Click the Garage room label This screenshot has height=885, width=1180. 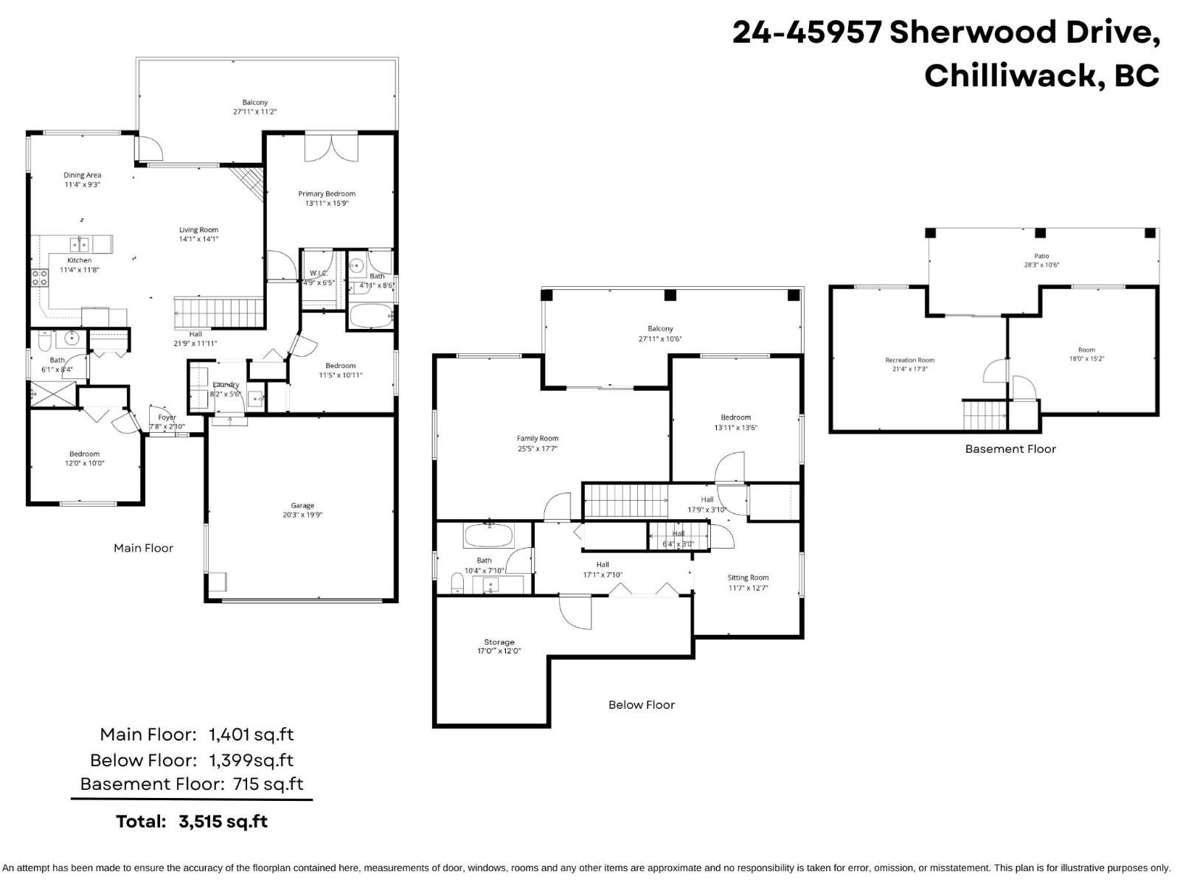pyautogui.click(x=302, y=505)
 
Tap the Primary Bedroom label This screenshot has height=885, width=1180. pyautogui.click(x=327, y=194)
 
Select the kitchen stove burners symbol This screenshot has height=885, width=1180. pyautogui.click(x=40, y=277)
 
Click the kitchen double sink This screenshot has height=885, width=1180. pyautogui.click(x=80, y=244)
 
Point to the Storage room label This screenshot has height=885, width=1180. pyautogui.click(x=499, y=642)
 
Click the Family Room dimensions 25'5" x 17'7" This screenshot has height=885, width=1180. pyautogui.click(x=538, y=448)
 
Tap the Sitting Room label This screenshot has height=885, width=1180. pyautogui.click(x=748, y=577)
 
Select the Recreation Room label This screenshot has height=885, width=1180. pyautogui.click(x=909, y=360)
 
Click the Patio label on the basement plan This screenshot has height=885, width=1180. pyautogui.click(x=1041, y=256)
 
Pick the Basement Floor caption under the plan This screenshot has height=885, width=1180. pyautogui.click(x=1010, y=448)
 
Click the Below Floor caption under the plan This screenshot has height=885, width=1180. pyautogui.click(x=642, y=704)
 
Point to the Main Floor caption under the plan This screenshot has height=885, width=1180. pyautogui.click(x=143, y=548)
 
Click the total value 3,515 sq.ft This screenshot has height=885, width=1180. pyautogui.click(x=223, y=822)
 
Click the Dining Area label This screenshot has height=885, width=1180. pyautogui.click(x=82, y=176)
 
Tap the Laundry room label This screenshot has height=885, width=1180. pyautogui.click(x=226, y=385)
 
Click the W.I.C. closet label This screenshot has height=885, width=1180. pyautogui.click(x=318, y=273)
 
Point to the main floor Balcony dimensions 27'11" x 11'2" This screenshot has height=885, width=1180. pyautogui.click(x=255, y=112)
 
